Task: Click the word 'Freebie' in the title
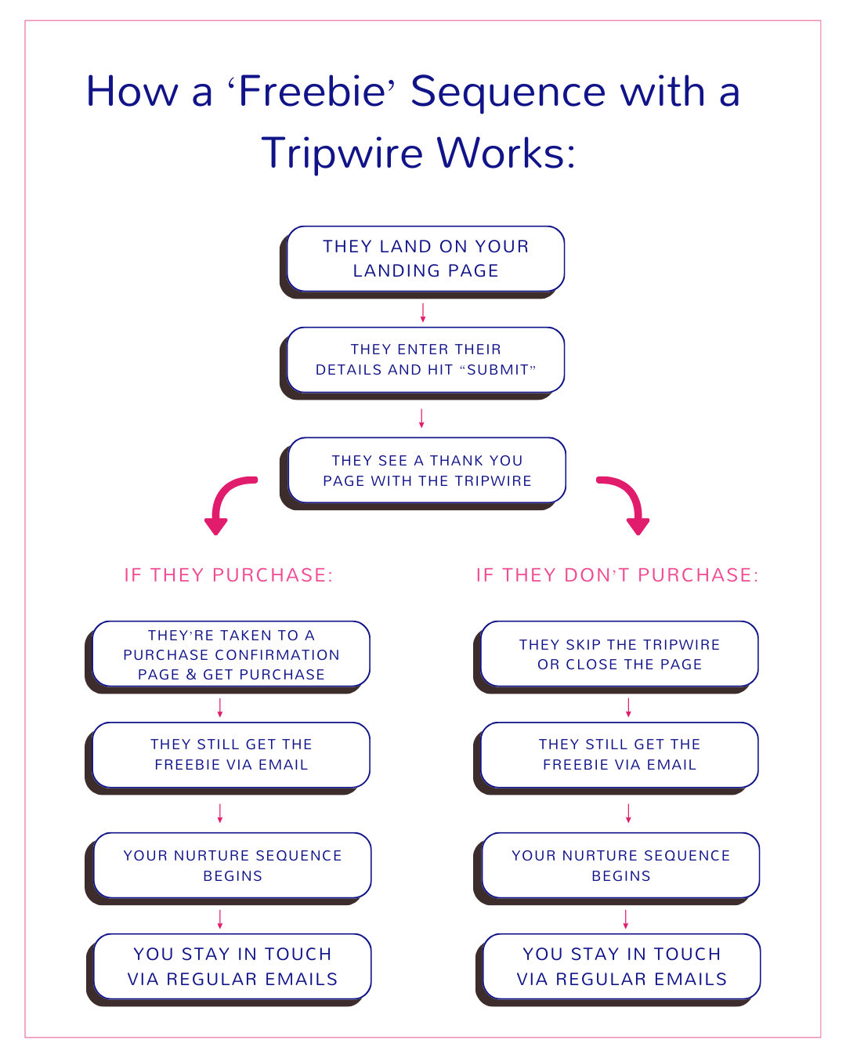coord(312,92)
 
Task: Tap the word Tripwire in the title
coord(342,154)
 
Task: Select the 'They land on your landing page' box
coord(425,259)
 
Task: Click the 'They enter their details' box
coord(425,360)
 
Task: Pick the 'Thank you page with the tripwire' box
coord(427,470)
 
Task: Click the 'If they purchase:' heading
coord(229,575)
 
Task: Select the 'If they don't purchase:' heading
coord(617,575)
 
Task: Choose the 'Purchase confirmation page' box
coord(231,654)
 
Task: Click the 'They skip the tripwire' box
coord(620,654)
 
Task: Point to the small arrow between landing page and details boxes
coord(423,313)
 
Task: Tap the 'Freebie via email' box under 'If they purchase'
coord(231,755)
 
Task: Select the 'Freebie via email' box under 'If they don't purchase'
coord(620,755)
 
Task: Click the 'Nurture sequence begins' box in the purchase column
coord(233,866)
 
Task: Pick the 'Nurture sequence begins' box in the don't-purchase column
coord(621,866)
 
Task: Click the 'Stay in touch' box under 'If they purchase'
coord(233,966)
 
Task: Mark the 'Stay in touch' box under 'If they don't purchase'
coord(622,966)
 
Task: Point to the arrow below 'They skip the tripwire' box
coord(628,708)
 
